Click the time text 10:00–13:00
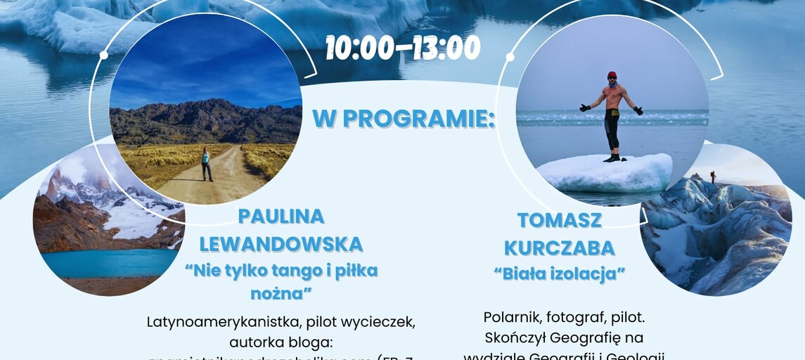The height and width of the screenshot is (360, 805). (403, 48)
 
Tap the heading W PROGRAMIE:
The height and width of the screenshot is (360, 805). (404, 118)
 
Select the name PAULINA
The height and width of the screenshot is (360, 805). (281, 216)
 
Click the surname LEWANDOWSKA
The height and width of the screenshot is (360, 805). (281, 244)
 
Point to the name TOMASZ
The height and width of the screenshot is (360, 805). (560, 220)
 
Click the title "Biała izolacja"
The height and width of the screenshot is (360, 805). (564, 274)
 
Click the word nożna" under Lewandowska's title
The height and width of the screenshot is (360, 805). (281, 293)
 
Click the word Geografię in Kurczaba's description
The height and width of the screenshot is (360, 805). (603, 337)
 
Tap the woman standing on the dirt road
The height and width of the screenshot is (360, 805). (207, 164)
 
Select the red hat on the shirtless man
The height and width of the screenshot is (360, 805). (612, 75)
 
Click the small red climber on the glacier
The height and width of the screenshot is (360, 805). (712, 176)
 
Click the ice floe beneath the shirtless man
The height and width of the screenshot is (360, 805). (605, 172)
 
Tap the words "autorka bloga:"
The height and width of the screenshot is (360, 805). (281, 342)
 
